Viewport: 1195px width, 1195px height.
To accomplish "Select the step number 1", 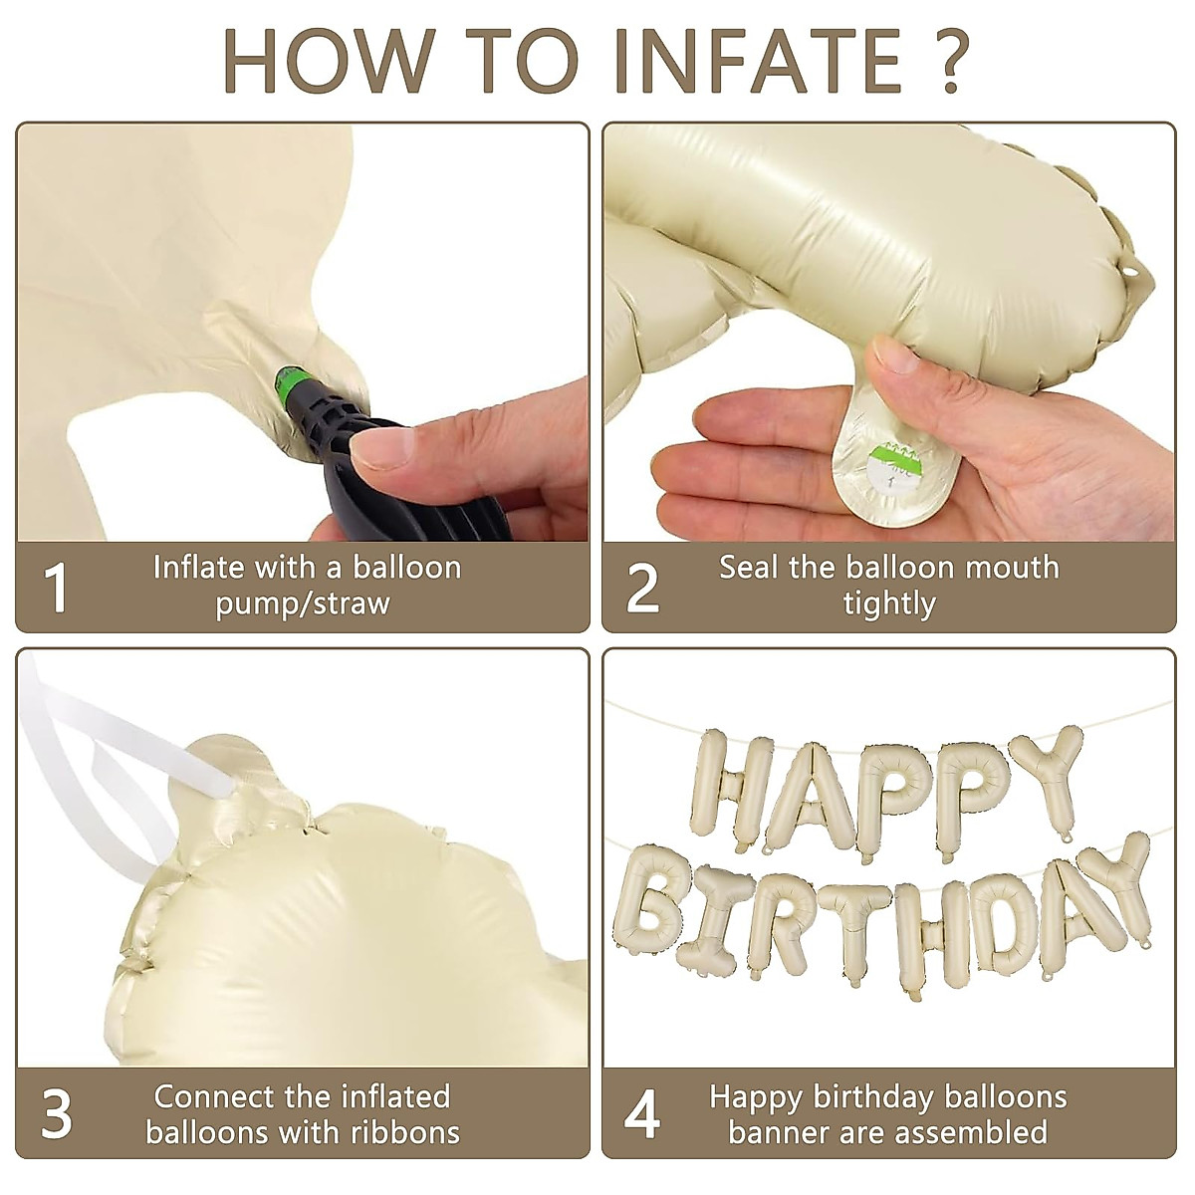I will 58,589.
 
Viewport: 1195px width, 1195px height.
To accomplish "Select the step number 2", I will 642,589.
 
